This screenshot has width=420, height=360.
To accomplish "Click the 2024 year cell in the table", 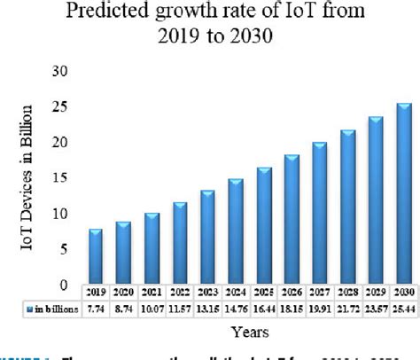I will (x=237, y=292).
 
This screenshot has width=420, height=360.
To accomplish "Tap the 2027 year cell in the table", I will (x=320, y=292).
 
